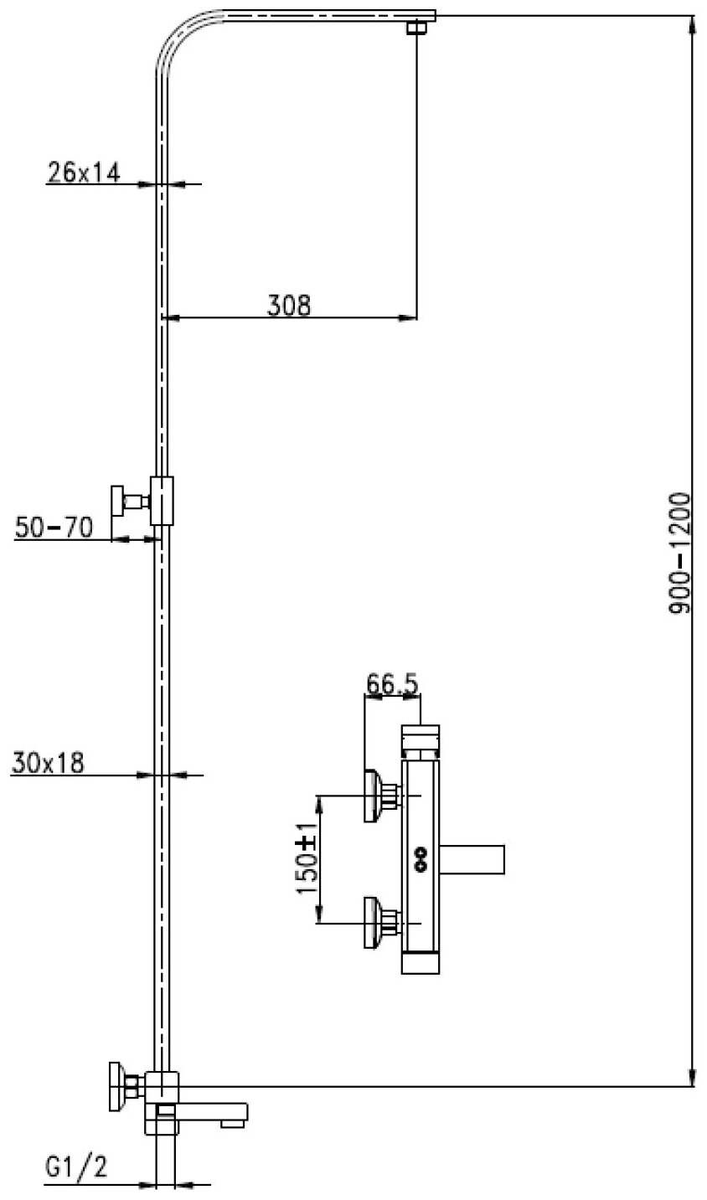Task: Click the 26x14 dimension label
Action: pyautogui.click(x=84, y=173)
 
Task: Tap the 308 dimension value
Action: pyautogui.click(x=289, y=306)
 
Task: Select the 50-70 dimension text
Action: pyautogui.click(x=54, y=528)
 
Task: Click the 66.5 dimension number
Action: pyautogui.click(x=391, y=685)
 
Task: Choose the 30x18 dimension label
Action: pyautogui.click(x=49, y=764)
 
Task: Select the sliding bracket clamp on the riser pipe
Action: pyautogui.click(x=163, y=501)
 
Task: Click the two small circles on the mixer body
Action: pyautogui.click(x=420, y=857)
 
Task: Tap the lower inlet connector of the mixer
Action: pyautogui.click(x=379, y=921)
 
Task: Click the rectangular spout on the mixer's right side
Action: pyautogui.click(x=474, y=858)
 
